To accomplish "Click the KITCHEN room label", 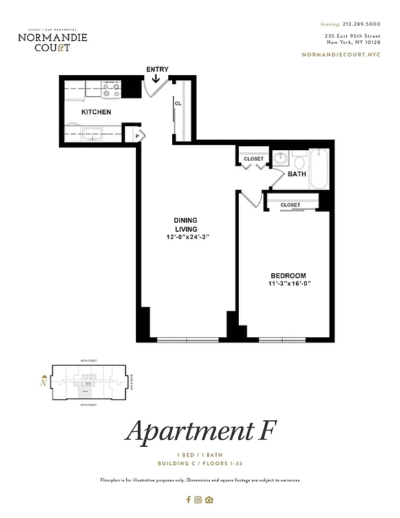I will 96,112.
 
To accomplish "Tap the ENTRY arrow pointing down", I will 156,78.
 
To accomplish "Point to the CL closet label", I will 177,104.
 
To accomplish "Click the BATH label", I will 297,174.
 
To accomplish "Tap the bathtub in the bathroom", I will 320,169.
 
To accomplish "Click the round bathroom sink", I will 281,159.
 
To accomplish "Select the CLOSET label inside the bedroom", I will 291,205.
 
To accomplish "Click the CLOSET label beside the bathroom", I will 254,159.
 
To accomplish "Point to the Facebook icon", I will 188,499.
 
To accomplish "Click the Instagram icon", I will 199,499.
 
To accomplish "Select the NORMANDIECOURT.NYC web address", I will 341,54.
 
